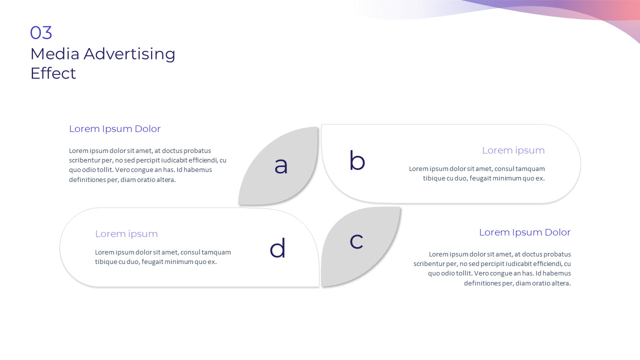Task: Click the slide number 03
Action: (41, 33)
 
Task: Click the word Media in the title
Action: (55, 53)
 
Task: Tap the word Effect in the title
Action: (53, 73)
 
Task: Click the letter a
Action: (281, 165)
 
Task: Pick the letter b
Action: (357, 161)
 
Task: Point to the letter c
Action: (356, 241)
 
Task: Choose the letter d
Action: (277, 248)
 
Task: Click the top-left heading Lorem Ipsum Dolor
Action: (114, 129)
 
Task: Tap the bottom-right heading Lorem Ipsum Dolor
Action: (524, 232)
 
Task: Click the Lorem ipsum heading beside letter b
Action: (513, 150)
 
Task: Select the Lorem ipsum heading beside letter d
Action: (126, 234)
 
